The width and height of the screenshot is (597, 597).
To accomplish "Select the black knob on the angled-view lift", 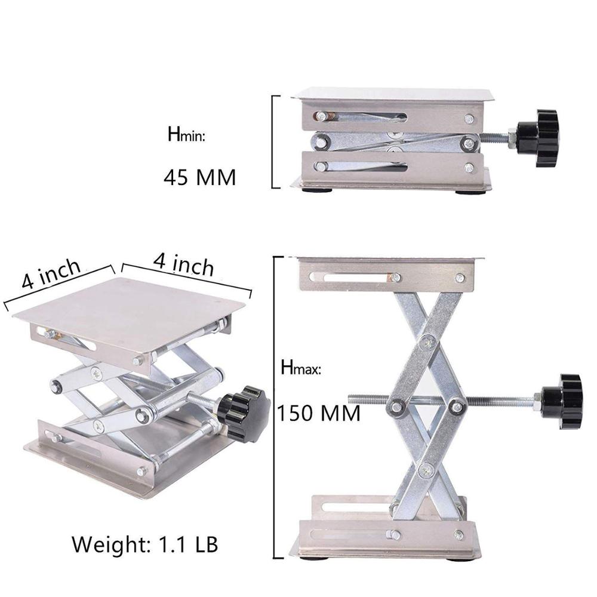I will click(x=244, y=413).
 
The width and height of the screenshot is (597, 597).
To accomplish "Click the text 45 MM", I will click(x=199, y=177).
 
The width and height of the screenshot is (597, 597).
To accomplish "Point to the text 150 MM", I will click(x=319, y=413).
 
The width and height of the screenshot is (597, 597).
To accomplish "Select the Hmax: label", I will click(x=301, y=367).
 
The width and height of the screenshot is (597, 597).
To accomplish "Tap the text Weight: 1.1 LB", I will click(x=145, y=544).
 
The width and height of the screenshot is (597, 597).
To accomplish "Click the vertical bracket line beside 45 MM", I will click(x=273, y=141).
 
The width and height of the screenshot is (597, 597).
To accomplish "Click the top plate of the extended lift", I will click(x=388, y=260).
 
